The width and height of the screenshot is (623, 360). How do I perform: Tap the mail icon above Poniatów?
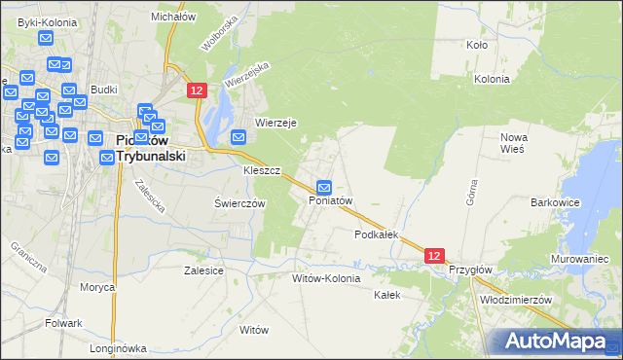pos(326,187)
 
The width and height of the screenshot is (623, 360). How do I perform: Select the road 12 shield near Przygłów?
pos(434,256)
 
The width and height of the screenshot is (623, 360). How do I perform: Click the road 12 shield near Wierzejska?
pos(197,90)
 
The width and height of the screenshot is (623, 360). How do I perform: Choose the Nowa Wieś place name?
pos(512,143)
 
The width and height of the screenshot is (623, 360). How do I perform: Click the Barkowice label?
pos(555,202)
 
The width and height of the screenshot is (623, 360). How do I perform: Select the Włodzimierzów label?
pos(516,301)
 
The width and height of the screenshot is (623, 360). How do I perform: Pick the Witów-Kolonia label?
pos(326,278)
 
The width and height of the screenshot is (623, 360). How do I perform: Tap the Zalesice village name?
pos(204,270)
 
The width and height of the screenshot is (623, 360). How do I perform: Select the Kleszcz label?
pos(261,170)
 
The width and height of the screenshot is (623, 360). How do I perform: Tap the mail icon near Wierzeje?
pos(239,138)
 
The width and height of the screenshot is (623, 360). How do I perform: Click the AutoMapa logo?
pos(553,342)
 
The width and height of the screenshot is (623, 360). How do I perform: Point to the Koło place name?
pos(477,45)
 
